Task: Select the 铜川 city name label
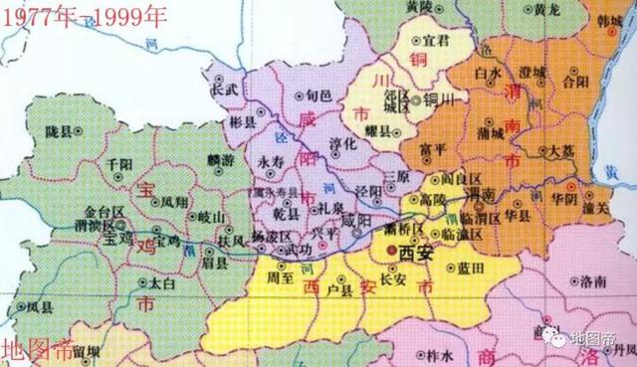coord(438,98)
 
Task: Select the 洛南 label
coord(591,282)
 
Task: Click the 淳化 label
coord(328,143)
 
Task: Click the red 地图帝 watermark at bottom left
coord(37,350)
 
